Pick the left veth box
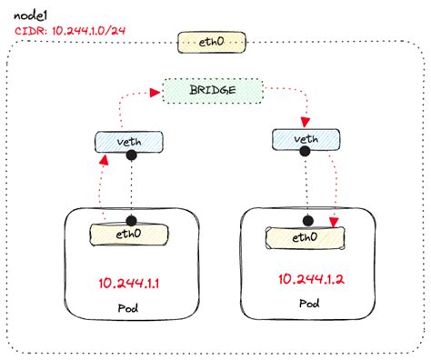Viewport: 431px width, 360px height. tap(129, 141)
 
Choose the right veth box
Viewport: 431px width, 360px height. tap(306, 139)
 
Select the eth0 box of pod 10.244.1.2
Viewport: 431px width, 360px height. tap(305, 237)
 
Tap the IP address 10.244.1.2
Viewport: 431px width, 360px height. tap(306, 278)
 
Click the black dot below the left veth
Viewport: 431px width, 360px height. tap(131, 155)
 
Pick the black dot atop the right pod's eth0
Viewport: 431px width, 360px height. tap(308, 223)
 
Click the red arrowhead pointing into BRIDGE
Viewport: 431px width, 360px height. tap(156, 92)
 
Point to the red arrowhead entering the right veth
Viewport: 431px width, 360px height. tap(306, 124)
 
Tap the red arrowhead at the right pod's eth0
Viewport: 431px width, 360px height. tap(336, 223)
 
